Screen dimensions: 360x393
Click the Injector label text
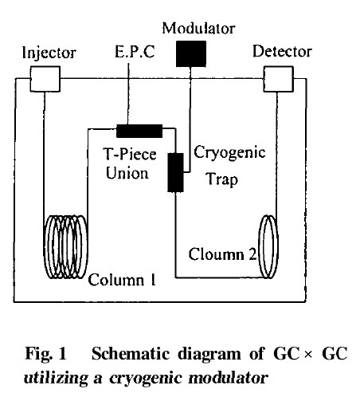click(x=49, y=53)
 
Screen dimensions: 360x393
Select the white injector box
click(x=45, y=79)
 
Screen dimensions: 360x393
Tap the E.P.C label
click(x=135, y=52)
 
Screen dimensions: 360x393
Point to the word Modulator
click(x=198, y=28)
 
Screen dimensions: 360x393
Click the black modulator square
click(x=191, y=53)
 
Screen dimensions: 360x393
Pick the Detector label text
click(x=282, y=51)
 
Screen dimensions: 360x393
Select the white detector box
click(x=278, y=79)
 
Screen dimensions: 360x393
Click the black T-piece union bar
click(x=139, y=131)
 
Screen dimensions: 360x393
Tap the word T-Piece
click(x=130, y=155)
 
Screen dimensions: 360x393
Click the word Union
click(x=127, y=173)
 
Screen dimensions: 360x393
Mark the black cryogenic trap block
click(x=175, y=172)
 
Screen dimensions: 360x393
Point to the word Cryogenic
click(x=229, y=153)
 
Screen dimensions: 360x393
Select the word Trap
click(x=222, y=179)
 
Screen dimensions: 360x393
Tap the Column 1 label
click(x=122, y=280)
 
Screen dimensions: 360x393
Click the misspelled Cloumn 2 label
click(x=222, y=254)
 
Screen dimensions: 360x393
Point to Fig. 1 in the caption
click(x=45, y=354)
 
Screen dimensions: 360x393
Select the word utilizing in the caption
click(x=56, y=378)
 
